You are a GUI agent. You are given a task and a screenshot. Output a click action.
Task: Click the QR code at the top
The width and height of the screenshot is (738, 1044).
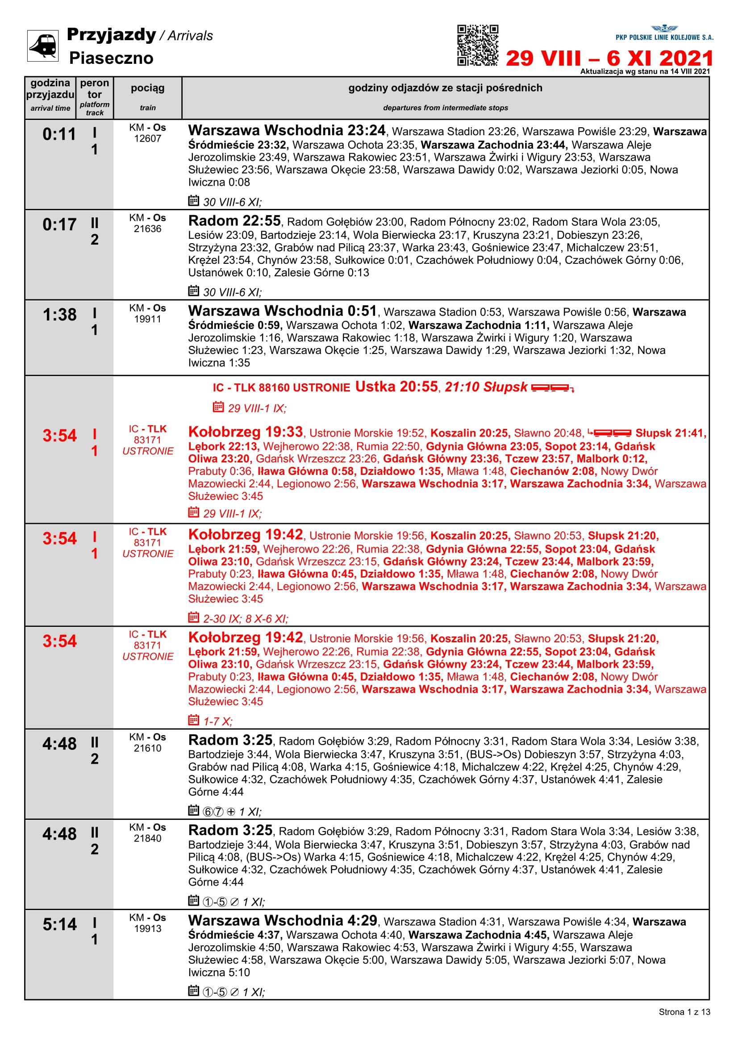coord(477,45)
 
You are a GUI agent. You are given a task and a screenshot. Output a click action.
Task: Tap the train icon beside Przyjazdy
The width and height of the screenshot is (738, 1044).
coord(43,46)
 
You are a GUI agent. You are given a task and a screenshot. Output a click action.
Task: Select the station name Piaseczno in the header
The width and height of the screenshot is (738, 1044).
coord(111,58)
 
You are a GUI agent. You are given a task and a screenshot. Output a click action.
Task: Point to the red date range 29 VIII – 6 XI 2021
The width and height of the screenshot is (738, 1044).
coord(609,58)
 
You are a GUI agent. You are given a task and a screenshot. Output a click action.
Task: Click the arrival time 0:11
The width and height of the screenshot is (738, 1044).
coord(59,135)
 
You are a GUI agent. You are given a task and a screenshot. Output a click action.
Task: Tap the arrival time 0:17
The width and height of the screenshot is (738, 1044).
coord(59,225)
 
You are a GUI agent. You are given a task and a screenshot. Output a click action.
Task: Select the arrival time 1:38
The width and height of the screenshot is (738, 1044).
coord(59,315)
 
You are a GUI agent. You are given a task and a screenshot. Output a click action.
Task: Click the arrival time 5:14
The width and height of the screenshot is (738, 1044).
coord(59,924)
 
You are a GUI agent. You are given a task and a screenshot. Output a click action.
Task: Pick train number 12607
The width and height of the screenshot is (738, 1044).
coord(147,139)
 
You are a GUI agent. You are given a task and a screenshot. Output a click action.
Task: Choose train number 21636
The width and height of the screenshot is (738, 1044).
coord(147,229)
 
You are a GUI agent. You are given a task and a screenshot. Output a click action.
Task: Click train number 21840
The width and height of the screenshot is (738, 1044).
coord(147,839)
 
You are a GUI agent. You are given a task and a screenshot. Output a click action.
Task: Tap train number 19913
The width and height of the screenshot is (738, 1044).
coord(147,928)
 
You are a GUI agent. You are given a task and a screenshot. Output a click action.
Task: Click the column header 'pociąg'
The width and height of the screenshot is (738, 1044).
coord(147,88)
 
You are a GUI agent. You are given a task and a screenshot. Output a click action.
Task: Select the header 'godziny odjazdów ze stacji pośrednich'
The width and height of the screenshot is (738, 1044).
coord(445,88)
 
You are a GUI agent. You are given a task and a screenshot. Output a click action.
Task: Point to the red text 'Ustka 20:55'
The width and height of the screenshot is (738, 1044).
coord(396,387)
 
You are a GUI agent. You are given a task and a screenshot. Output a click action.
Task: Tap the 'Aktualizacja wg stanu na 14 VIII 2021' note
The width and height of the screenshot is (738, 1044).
coord(644,71)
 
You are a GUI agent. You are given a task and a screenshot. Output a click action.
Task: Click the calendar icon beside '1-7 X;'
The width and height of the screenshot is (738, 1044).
coord(193,720)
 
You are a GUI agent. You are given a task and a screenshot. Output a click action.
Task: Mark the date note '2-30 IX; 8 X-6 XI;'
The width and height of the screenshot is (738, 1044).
coord(246,619)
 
